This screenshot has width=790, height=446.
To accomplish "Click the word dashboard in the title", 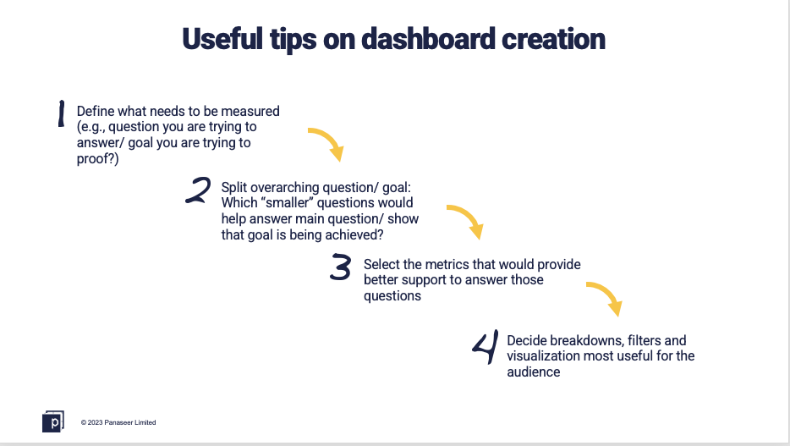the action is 428,39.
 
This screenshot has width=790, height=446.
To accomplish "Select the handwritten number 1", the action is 61,113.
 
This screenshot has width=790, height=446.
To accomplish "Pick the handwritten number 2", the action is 198,190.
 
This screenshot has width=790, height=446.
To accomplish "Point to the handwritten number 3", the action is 341,267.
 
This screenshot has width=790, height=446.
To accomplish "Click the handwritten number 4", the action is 486,347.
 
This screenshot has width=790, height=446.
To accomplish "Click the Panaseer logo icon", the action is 53,421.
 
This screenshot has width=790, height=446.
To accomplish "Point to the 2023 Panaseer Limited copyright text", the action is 118,422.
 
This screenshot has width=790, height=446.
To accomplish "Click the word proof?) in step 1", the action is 98,159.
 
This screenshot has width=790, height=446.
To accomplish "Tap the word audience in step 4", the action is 534,372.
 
